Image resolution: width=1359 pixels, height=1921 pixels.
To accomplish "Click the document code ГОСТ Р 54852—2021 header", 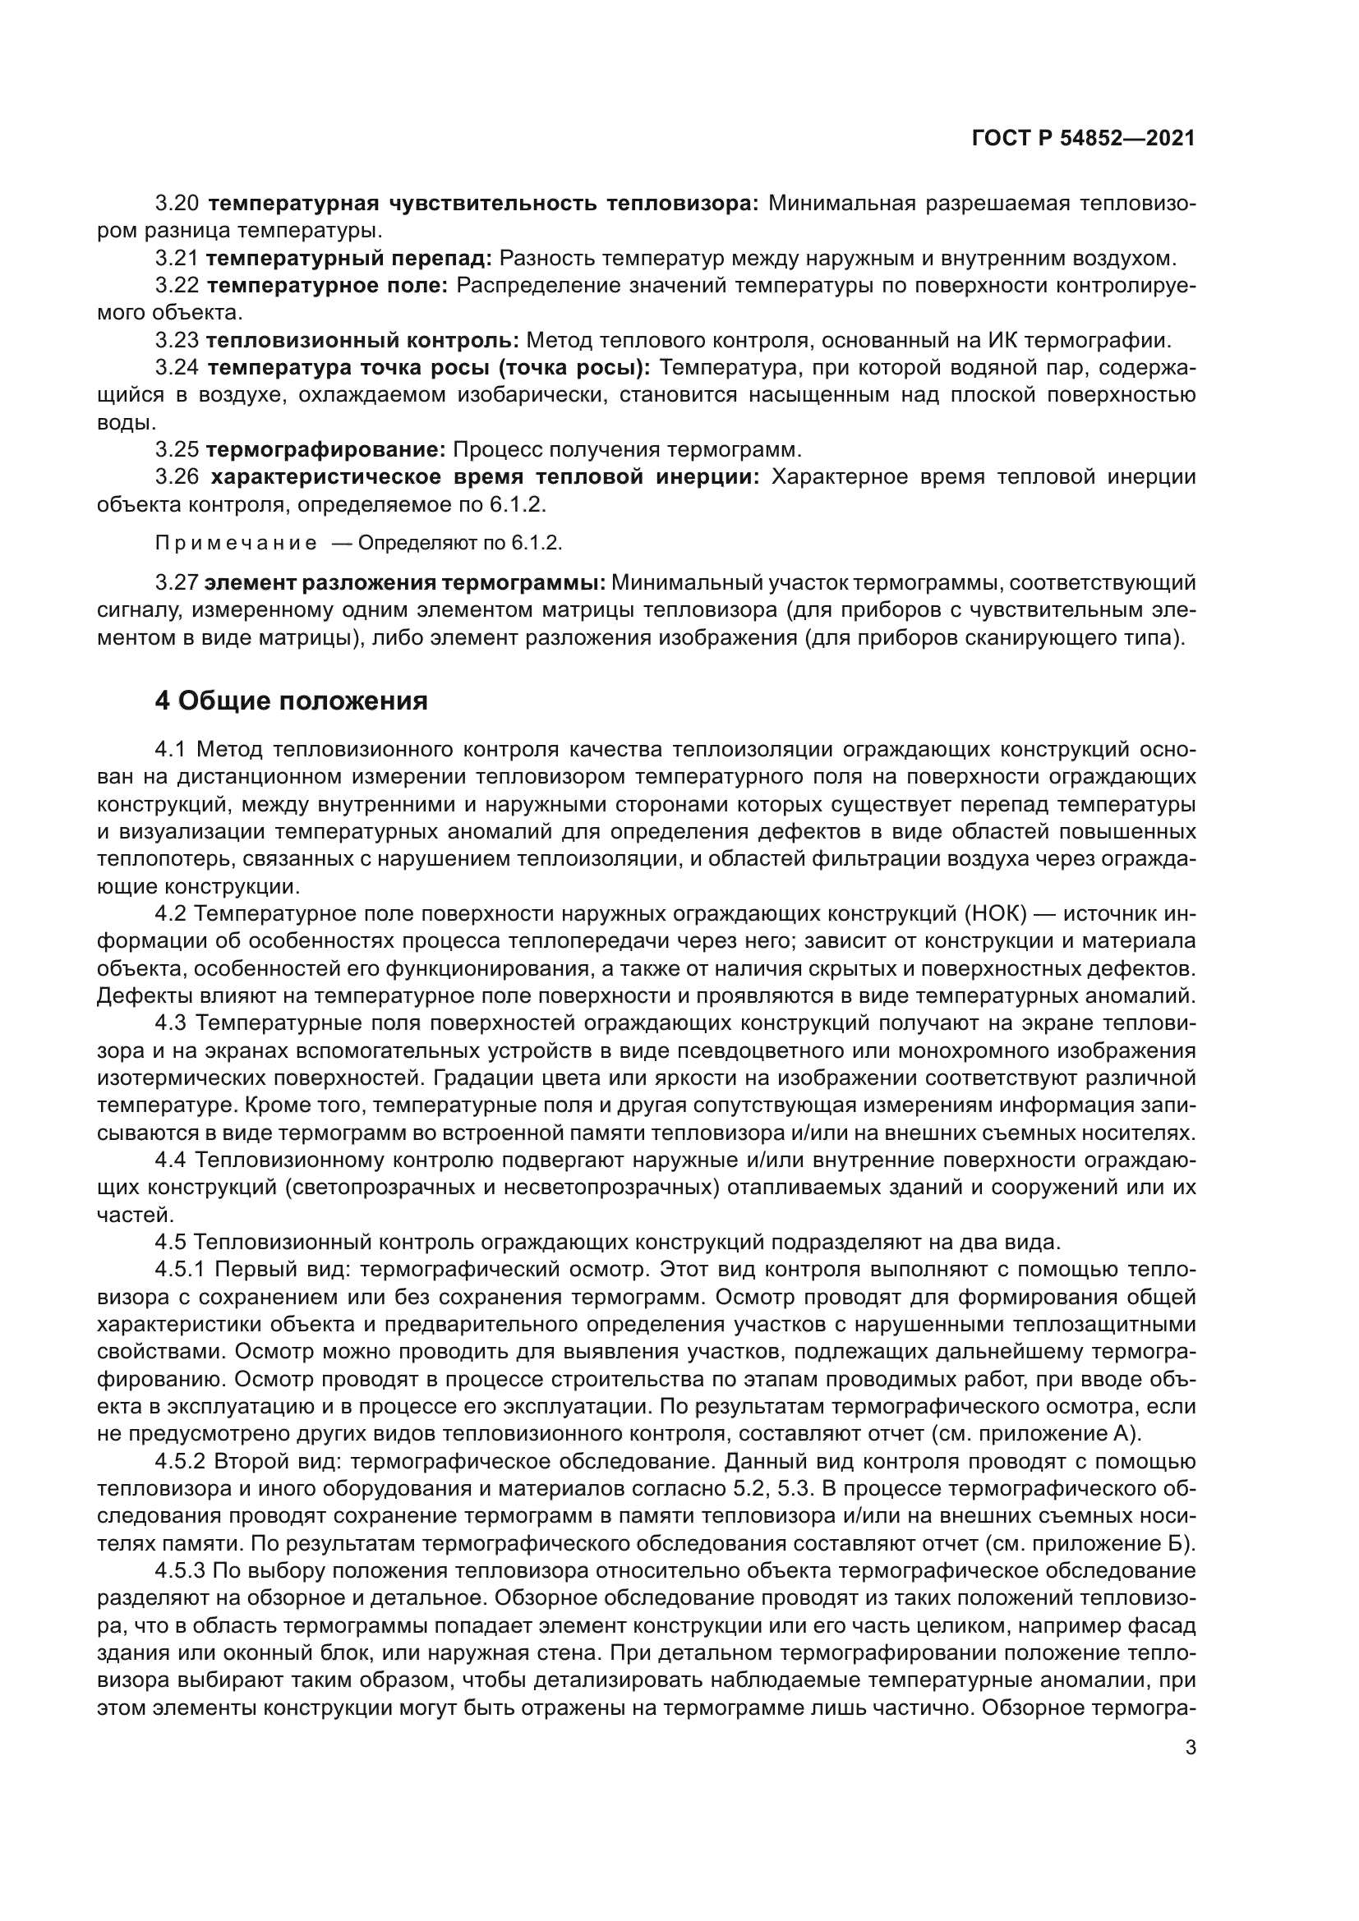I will pyautogui.click(x=1083, y=139).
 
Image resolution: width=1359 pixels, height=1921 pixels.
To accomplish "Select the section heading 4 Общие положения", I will pyautogui.click(x=291, y=701).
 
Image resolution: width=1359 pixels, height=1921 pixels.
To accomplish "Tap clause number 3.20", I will pyautogui.click(x=177, y=204).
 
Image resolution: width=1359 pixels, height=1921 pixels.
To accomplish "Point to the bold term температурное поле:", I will pyautogui.click(x=327, y=286).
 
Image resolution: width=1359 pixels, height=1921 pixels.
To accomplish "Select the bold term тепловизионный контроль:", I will pyautogui.click(x=362, y=341).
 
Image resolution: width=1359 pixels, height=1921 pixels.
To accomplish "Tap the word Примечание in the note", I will pyautogui.click(x=236, y=544).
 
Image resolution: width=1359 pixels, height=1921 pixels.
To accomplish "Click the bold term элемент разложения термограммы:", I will pyautogui.click(x=406, y=582).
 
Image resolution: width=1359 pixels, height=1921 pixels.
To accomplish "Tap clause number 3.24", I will pyautogui.click(x=177, y=368).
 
